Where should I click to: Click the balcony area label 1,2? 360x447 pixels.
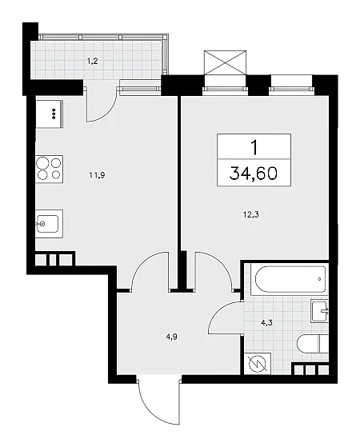click(x=93, y=61)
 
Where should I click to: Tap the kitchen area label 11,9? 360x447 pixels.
click(x=98, y=175)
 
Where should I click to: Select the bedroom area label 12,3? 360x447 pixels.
click(x=251, y=214)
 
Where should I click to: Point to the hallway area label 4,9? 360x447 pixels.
click(x=171, y=337)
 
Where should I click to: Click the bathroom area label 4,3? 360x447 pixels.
click(x=266, y=323)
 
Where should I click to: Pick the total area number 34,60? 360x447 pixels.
click(x=254, y=174)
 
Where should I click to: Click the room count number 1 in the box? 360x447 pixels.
click(x=254, y=147)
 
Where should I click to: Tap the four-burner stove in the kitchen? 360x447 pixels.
click(x=50, y=169)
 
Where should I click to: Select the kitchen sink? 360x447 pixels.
click(x=49, y=224)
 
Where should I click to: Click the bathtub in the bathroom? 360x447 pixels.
click(x=290, y=279)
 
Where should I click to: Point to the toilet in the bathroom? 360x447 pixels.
click(x=312, y=344)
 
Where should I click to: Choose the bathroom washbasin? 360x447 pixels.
click(x=320, y=311)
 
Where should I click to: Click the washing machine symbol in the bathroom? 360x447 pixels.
click(x=258, y=364)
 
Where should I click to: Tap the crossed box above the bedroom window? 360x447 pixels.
click(x=225, y=62)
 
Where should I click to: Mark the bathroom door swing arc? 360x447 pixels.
click(x=220, y=311)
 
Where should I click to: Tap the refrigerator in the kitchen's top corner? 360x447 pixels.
click(x=49, y=114)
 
